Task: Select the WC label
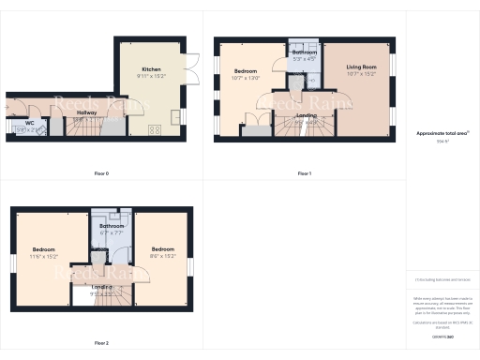[x=30, y=122]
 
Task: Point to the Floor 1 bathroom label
[x=305, y=52]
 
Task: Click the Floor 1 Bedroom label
[x=246, y=71]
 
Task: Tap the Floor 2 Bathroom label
[x=112, y=226]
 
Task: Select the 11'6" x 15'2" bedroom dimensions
[x=44, y=255]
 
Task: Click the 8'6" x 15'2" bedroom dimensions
[x=162, y=255]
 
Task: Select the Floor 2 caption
[x=101, y=343]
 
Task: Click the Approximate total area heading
[x=442, y=134]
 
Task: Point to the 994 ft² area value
[x=442, y=142]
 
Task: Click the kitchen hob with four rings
[x=152, y=130]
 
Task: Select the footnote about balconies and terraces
[x=442, y=280]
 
